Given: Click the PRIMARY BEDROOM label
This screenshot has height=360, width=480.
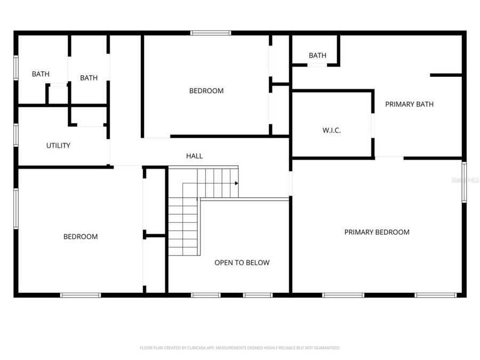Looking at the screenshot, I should (x=377, y=232).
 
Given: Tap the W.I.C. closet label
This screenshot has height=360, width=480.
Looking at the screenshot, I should (x=331, y=130).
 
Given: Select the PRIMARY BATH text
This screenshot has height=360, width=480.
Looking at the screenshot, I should (x=409, y=104).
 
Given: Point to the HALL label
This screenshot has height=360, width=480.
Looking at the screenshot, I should (x=194, y=156).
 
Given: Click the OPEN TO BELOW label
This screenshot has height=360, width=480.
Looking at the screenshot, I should (x=242, y=262).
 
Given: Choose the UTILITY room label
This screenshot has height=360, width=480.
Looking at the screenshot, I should (x=58, y=145).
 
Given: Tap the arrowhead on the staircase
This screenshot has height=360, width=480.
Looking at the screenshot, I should (x=236, y=183).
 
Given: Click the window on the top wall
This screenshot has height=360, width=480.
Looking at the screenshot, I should (x=211, y=33).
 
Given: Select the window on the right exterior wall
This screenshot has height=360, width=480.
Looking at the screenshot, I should (x=464, y=182).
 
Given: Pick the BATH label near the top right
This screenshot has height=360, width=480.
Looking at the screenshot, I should (x=317, y=55).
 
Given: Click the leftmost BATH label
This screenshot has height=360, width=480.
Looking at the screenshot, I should (x=41, y=74).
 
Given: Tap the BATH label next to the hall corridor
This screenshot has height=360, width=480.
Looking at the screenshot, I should (x=89, y=78).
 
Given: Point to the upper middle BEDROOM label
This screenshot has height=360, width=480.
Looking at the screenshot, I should (x=206, y=91).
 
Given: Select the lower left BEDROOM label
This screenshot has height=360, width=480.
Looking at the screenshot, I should (x=81, y=236).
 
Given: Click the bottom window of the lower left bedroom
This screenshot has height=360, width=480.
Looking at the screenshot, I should (x=81, y=295).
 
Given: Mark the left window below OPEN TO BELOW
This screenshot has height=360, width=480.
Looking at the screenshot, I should (x=206, y=295).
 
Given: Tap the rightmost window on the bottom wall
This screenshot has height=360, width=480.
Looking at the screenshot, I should (x=436, y=295).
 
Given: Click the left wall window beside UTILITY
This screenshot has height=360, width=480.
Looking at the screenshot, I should (x=16, y=134).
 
